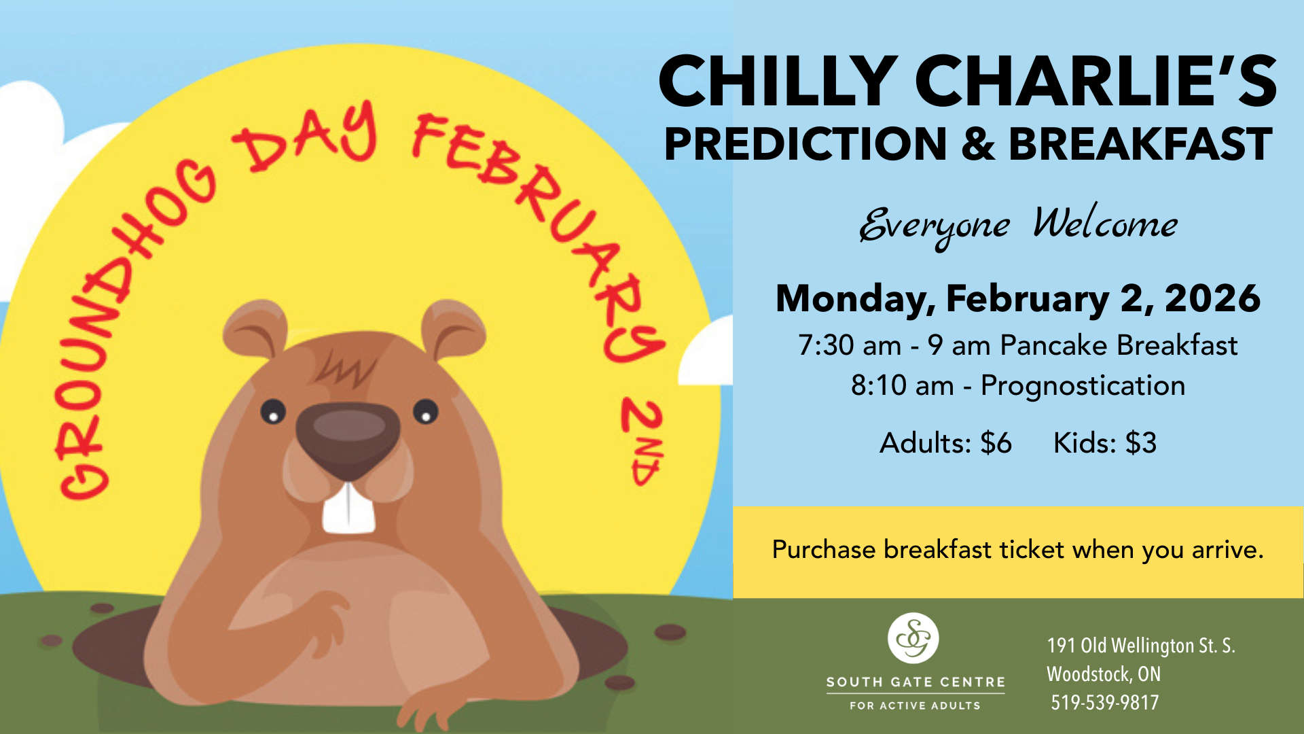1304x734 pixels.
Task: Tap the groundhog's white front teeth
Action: click(348, 507)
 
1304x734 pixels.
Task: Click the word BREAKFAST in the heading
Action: click(1140, 144)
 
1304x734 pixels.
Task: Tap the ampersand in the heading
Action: click(978, 144)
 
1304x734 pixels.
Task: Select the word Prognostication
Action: click(1083, 386)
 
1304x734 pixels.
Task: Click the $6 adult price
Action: click(996, 443)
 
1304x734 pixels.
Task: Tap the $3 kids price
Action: click(1141, 443)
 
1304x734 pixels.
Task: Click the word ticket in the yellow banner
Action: click(1032, 549)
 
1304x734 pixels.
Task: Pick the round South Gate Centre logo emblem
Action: click(913, 638)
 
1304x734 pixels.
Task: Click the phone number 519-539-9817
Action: click(1105, 702)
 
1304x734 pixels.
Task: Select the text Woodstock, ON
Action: click(1104, 674)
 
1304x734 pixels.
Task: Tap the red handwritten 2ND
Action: click(642, 442)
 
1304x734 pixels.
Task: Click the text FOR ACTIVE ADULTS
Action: click(915, 705)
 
